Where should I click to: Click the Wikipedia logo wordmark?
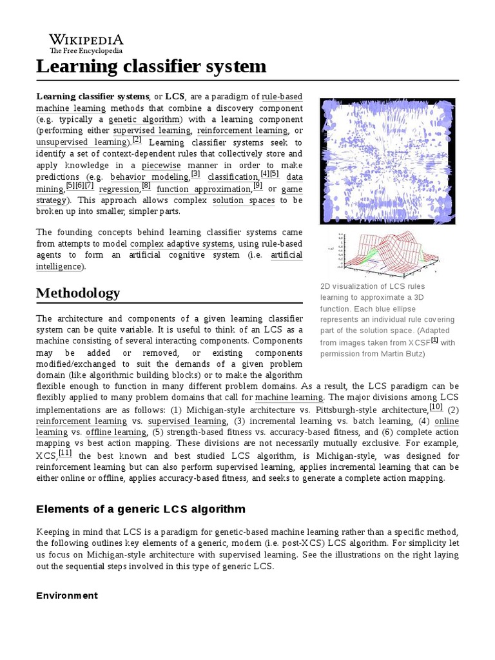click(86, 39)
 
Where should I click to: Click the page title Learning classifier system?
click(151, 66)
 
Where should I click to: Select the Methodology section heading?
click(78, 293)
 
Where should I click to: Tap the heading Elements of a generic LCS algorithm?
click(141, 509)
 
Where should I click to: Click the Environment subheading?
click(67, 596)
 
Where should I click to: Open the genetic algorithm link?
click(145, 119)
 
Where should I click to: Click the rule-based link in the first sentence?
click(282, 97)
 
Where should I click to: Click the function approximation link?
click(204, 189)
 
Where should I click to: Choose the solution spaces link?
click(244, 200)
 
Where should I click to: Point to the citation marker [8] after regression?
click(146, 186)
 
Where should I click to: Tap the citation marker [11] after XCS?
click(64, 453)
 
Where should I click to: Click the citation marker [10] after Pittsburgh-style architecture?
click(436, 407)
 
